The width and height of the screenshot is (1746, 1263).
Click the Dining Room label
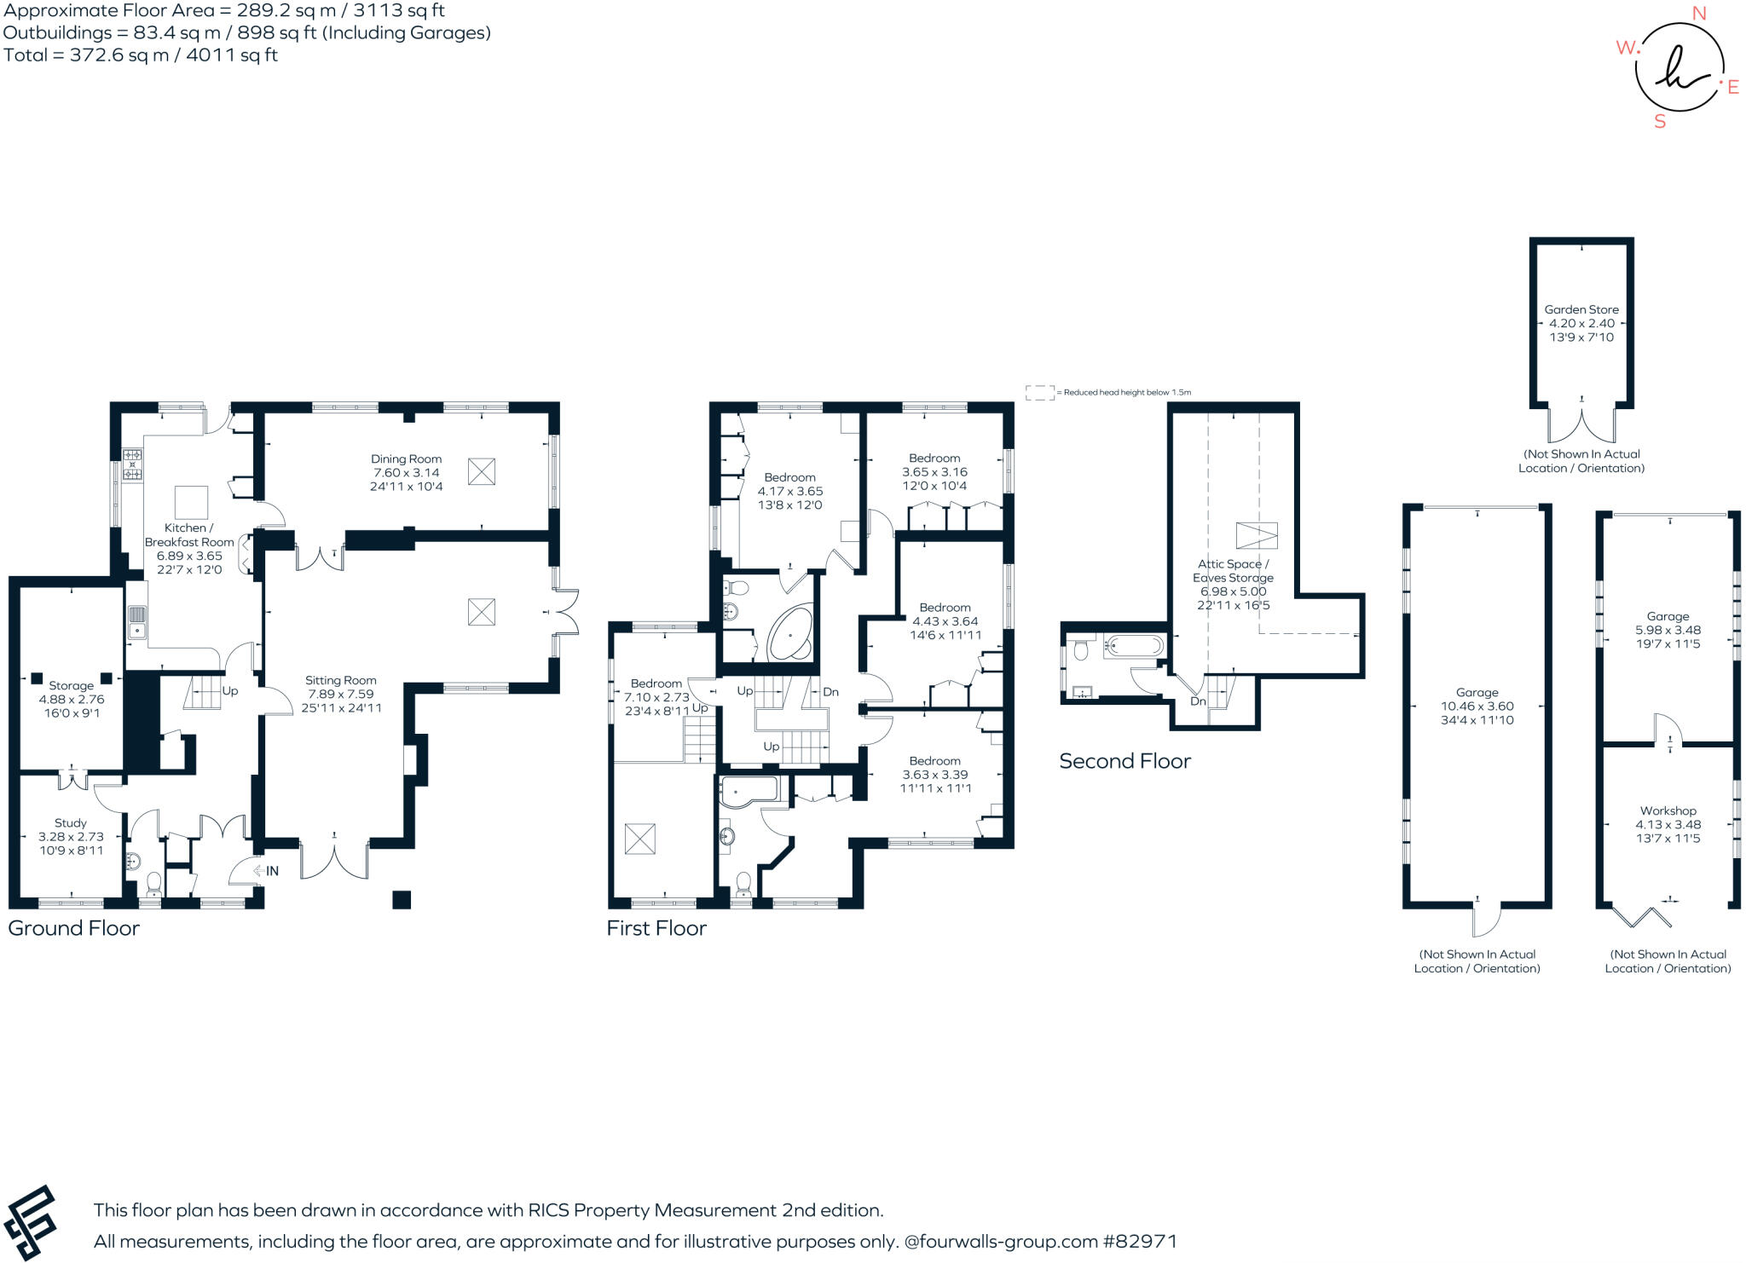click(x=406, y=458)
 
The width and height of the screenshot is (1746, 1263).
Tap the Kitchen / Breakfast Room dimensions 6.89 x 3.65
click(x=189, y=556)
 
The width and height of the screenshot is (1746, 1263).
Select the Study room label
click(x=71, y=823)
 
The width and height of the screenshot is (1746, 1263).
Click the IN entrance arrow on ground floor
click(x=265, y=871)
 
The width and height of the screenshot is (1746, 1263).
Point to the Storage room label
click(x=72, y=685)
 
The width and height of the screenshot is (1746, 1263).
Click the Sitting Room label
click(x=341, y=680)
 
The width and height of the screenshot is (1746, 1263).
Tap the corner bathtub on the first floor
click(x=791, y=634)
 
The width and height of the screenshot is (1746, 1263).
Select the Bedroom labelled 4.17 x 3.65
click(x=789, y=477)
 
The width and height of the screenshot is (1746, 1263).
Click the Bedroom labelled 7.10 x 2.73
click(x=656, y=683)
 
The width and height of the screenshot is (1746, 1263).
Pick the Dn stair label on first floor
click(x=830, y=692)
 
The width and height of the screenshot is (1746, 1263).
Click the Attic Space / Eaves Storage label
click(x=1233, y=570)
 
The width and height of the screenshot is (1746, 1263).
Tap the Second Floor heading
click(x=1124, y=761)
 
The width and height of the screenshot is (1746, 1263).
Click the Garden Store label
click(x=1581, y=310)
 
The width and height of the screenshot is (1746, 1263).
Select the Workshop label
click(x=1668, y=811)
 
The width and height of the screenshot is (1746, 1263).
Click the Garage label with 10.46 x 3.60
click(x=1477, y=693)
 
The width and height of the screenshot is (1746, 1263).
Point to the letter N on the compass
click(x=1698, y=14)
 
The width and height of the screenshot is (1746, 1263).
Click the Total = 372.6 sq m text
click(x=141, y=55)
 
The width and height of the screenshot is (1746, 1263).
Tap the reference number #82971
click(x=1140, y=1242)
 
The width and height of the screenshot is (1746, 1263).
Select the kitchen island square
click(x=191, y=501)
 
